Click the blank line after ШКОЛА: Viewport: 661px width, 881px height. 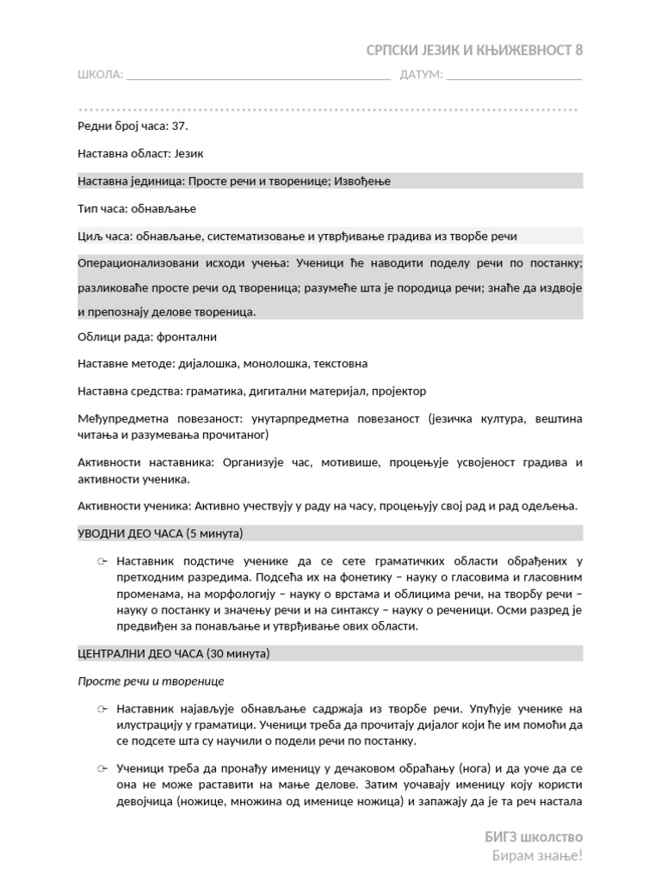click(x=258, y=77)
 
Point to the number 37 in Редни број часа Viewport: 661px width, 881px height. click(x=179, y=126)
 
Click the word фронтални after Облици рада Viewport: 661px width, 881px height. click(x=187, y=336)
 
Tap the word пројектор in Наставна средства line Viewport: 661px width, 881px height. click(x=399, y=391)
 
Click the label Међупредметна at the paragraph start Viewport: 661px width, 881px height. click(x=118, y=418)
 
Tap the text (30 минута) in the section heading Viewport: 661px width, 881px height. click(x=237, y=654)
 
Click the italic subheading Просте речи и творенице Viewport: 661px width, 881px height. click(x=151, y=681)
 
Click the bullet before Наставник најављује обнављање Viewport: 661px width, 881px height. click(x=102, y=710)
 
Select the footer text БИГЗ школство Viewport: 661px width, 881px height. click(x=534, y=836)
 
